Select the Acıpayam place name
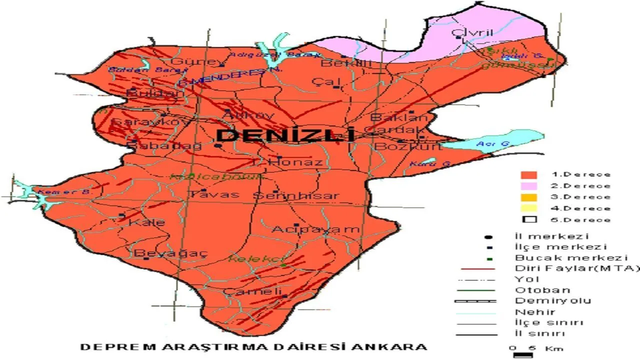point(315,229)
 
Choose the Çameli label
point(252,291)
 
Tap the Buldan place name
point(147,93)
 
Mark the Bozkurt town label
point(408,147)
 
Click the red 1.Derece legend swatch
point(528,175)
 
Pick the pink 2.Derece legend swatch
point(528,186)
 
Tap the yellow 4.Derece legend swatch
point(528,208)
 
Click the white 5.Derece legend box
point(528,219)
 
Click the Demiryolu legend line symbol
point(475,301)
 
